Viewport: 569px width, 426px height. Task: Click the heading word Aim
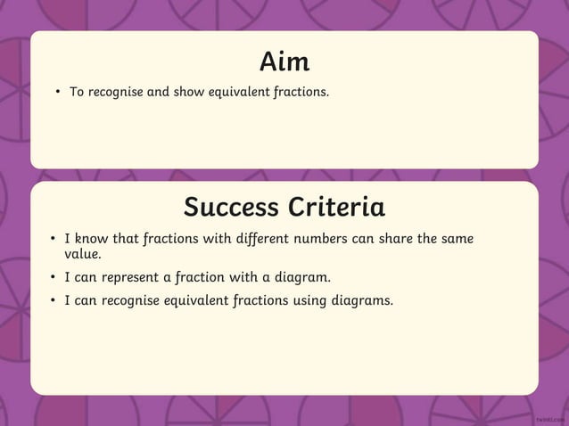point(284,61)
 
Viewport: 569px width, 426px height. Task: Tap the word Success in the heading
point(231,208)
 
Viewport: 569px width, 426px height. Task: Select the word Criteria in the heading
point(336,208)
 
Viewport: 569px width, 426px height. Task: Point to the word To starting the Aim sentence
point(78,92)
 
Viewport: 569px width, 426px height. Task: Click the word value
point(82,254)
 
